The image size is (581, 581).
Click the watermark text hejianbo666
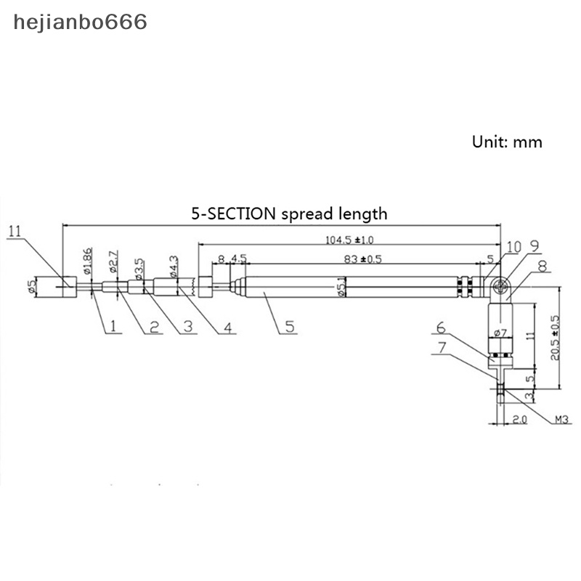tap(81, 23)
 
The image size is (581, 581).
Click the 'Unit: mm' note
tap(507, 142)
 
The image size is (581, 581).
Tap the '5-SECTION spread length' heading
tap(289, 214)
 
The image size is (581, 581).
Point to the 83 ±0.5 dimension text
tap(362, 259)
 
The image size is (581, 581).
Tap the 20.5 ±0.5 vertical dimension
tap(556, 341)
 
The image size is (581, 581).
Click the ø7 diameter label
tap(500, 333)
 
